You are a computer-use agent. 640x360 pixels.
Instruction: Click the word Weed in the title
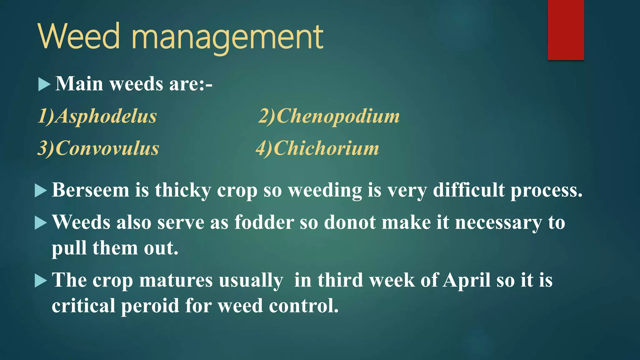point(79,37)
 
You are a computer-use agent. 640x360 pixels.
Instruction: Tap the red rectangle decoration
point(566,30)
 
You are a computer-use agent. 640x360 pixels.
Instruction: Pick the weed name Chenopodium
point(338,116)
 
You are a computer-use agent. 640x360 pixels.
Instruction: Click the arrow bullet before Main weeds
point(44,84)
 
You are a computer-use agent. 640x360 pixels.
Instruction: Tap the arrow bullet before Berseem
point(41,191)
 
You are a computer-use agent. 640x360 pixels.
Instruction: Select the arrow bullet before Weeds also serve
point(41,223)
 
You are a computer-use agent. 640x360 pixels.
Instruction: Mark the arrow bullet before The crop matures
point(41,280)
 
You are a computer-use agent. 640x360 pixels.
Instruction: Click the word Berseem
point(90,190)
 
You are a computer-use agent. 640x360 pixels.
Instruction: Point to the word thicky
point(183,191)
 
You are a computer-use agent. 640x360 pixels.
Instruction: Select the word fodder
point(264,222)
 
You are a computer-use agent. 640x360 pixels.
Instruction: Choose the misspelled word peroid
point(150,306)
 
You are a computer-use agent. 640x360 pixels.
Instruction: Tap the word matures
point(176,280)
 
